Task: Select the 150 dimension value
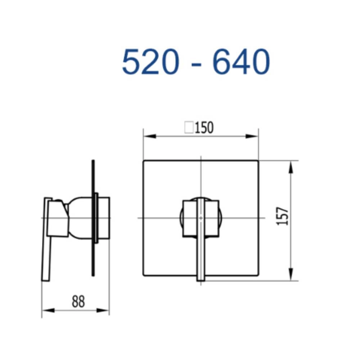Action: point(204,128)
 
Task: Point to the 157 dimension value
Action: point(284,216)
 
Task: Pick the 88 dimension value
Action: point(78,302)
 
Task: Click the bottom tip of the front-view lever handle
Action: point(201,280)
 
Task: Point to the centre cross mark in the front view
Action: point(201,218)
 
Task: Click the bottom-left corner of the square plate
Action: point(144,275)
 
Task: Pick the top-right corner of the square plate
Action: point(258,160)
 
